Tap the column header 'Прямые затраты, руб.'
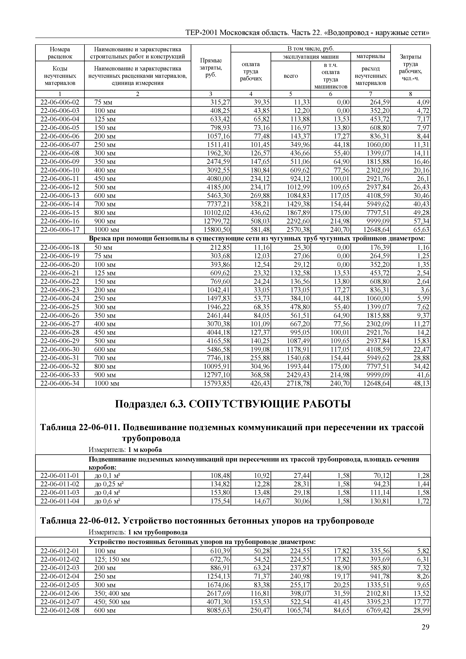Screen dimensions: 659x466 click(211, 68)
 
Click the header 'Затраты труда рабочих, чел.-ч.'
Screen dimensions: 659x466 click(410, 68)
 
